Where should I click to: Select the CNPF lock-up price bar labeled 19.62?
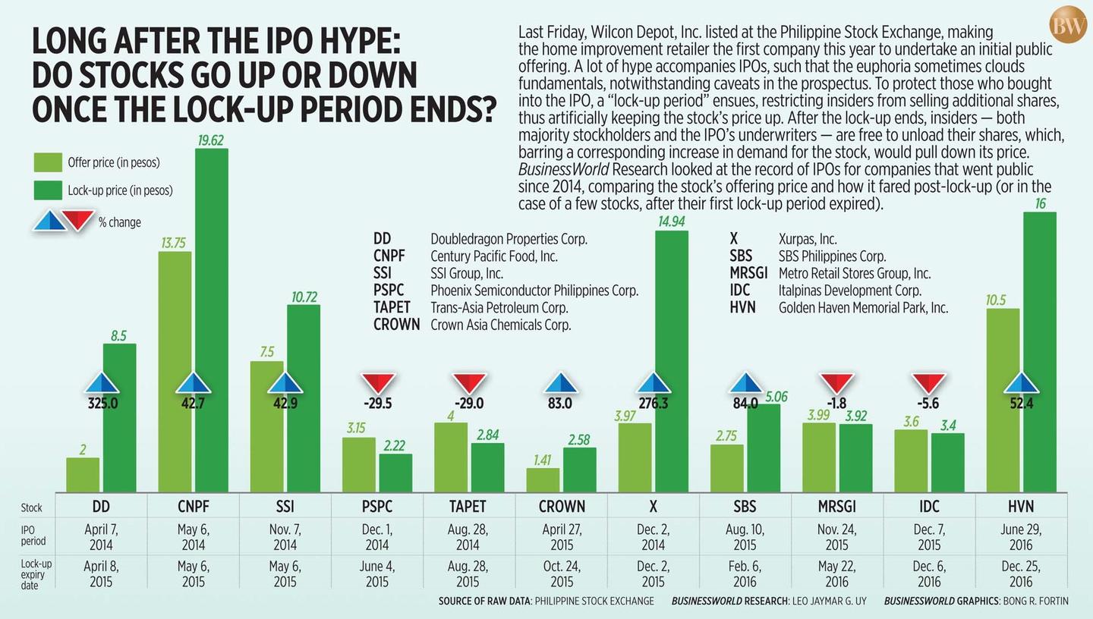(212, 319)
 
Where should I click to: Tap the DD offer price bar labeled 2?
(83, 474)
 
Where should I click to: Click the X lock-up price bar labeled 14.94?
(672, 360)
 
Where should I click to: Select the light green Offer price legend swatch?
(48, 162)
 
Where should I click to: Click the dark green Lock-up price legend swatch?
(48, 190)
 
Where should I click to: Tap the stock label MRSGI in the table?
(836, 506)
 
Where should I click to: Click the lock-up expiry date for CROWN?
(562, 574)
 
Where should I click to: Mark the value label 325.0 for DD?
(102, 404)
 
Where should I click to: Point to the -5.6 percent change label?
(928, 404)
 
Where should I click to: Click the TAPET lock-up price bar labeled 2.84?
(488, 467)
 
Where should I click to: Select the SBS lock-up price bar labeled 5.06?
(764, 448)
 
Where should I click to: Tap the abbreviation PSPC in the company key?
(389, 290)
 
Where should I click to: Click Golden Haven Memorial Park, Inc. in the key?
(863, 308)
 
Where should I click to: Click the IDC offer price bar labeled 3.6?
(911, 460)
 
